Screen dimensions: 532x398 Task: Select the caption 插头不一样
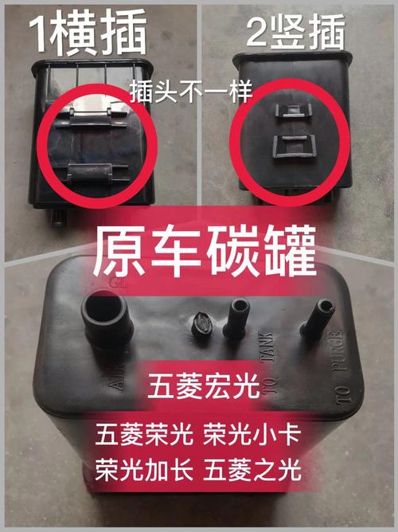point(190,93)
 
